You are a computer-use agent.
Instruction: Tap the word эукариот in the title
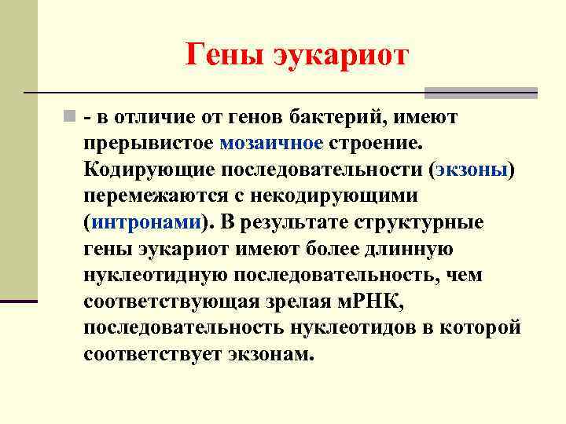click(340, 56)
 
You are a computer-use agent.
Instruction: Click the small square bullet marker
click(71, 118)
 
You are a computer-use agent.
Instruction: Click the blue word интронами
click(147, 222)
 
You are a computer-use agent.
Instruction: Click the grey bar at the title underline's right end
click(480, 93)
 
